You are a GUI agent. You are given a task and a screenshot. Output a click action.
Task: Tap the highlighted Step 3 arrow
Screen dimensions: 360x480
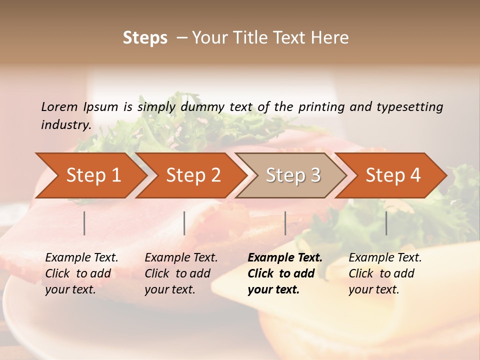coord(293,175)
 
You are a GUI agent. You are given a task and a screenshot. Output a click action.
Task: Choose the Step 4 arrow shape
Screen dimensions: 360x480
coord(393,175)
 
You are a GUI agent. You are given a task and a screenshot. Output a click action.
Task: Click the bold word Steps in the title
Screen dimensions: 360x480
coord(145,38)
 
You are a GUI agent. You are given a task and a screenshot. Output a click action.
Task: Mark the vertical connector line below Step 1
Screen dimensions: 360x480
coord(84,223)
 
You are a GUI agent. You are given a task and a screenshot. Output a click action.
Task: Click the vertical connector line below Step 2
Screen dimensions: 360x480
coord(184,223)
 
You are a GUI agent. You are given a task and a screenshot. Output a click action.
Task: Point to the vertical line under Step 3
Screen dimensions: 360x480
coord(285,223)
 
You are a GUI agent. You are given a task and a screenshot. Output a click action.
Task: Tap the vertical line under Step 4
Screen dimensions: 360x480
coord(386,223)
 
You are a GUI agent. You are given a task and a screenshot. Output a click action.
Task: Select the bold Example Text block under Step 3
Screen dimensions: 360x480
coord(284,273)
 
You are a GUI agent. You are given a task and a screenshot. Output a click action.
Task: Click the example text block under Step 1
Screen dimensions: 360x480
coord(81,273)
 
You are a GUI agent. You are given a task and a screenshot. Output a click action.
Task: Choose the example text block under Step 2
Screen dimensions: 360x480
coord(181,273)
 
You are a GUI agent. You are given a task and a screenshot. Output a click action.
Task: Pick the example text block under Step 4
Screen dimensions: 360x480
coord(385,273)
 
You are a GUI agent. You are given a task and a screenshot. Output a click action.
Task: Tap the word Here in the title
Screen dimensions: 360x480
coord(330,38)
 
